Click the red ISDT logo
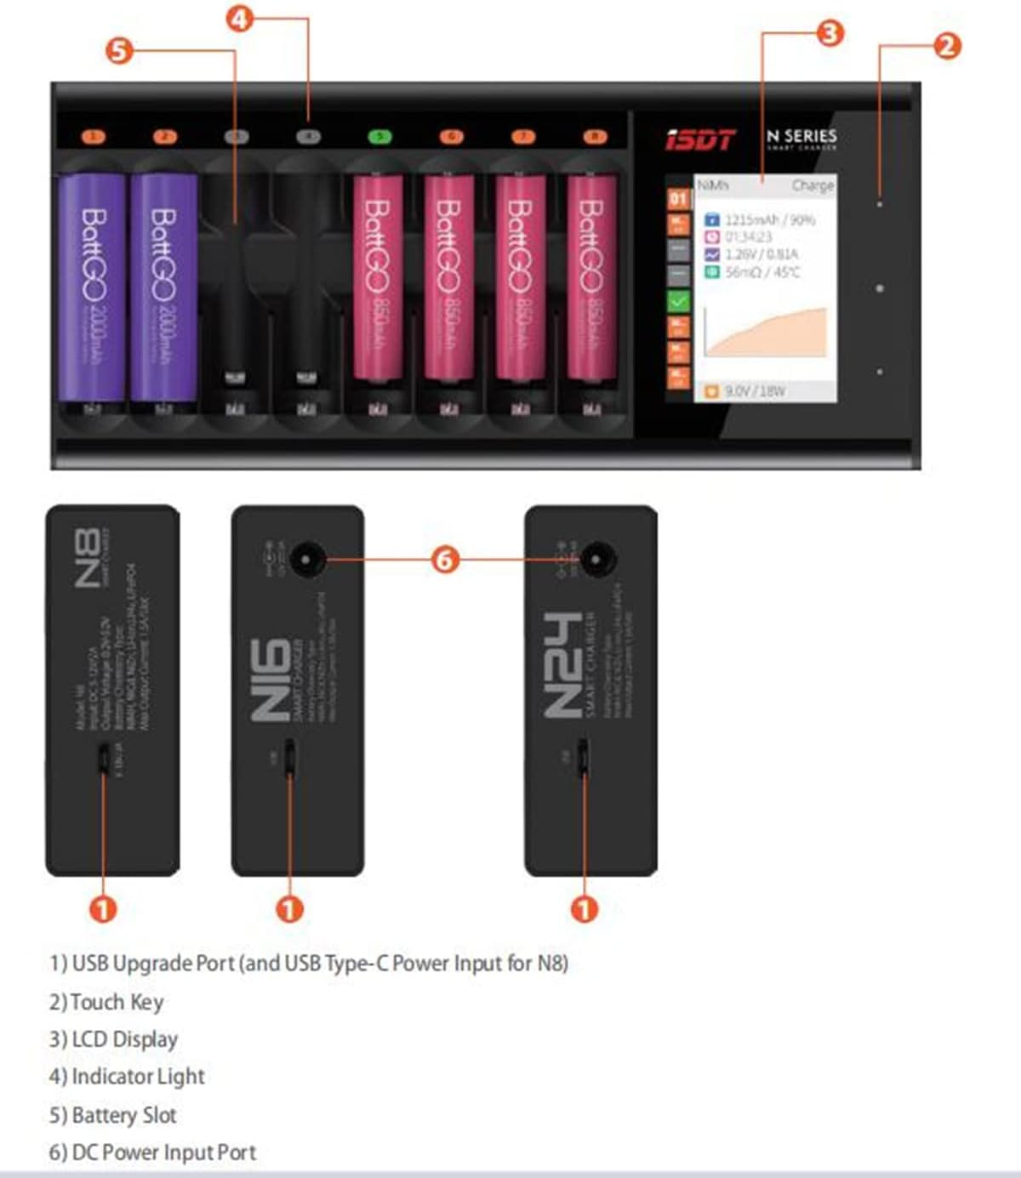700,139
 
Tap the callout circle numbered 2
947,45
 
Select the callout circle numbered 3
830,33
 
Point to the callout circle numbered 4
240,18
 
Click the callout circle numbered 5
119,50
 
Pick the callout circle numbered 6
445,559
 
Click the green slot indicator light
379,136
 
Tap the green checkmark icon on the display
678,300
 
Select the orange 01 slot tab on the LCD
678,199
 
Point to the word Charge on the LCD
812,185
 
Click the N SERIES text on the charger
801,136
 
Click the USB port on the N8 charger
103,758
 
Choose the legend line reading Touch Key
106,1002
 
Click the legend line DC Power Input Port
152,1152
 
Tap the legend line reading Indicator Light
127,1077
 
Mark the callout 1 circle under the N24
584,909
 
